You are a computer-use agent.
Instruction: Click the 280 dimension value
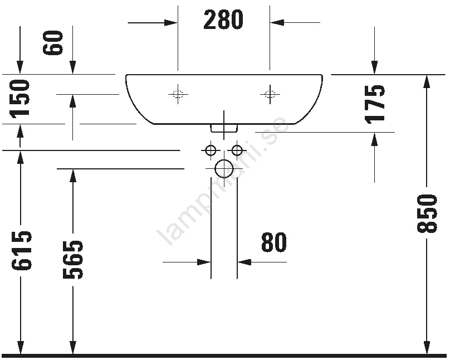point(223,20)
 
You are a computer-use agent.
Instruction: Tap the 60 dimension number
point(53,42)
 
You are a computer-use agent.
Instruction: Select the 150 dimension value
point(20,99)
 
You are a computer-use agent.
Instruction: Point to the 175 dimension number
point(375,105)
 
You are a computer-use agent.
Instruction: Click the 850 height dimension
point(427,213)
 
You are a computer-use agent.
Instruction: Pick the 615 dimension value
point(21,250)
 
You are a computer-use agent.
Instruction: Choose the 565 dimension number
point(73,260)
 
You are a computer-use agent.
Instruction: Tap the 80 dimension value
point(274,242)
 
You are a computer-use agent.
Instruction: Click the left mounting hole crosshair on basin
point(178,94)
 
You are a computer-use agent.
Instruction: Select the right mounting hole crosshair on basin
point(270,94)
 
